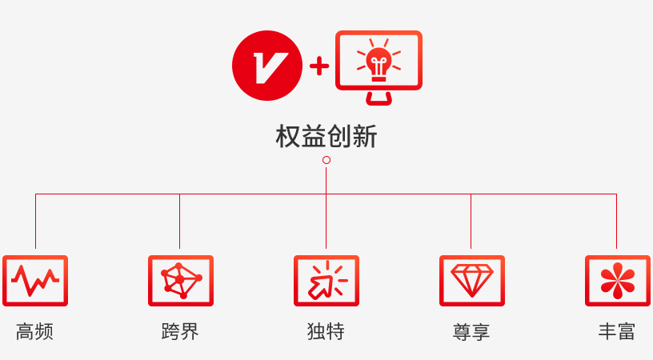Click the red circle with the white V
267,66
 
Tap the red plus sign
319,66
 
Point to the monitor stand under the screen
379,98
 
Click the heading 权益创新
326,137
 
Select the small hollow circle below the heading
326,160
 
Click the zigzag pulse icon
35,281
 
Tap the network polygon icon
181,281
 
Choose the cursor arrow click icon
326,281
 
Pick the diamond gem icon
472,281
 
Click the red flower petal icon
618,281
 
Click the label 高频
34,332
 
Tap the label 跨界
180,332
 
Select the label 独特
326,332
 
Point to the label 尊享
471,332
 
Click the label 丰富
617,332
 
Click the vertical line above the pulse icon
35,221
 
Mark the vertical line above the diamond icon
471,221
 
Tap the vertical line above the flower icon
616,221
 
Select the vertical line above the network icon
179,221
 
